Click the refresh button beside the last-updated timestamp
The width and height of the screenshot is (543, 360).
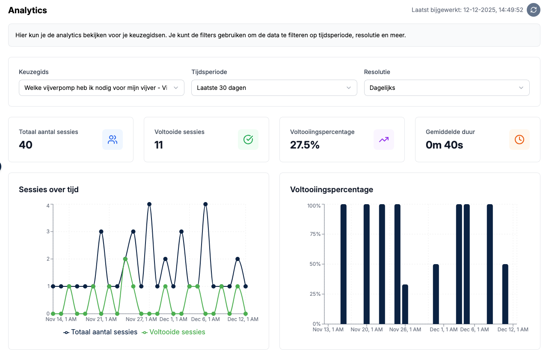pos(533,10)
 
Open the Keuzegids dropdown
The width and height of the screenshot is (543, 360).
pos(101,88)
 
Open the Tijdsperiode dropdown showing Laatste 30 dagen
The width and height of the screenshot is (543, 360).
pos(274,88)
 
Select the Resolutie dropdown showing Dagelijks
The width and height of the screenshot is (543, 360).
pos(446,88)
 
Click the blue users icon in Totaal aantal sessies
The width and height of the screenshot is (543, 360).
pos(113,140)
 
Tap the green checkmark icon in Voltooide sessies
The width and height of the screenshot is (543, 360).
pos(248,140)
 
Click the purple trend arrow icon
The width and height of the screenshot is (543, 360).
pos(384,140)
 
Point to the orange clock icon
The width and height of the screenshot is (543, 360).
pos(519,140)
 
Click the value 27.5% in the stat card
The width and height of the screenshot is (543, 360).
pos(305,145)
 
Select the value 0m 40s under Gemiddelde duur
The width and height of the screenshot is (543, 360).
pos(444,145)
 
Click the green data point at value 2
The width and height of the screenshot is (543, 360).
pos(125,259)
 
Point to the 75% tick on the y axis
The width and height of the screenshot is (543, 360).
pos(314,234)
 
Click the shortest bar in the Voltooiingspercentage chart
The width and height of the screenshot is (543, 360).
pos(405,304)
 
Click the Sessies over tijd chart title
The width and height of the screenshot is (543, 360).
pos(49,190)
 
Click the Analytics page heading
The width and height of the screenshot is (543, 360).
pos(28,10)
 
